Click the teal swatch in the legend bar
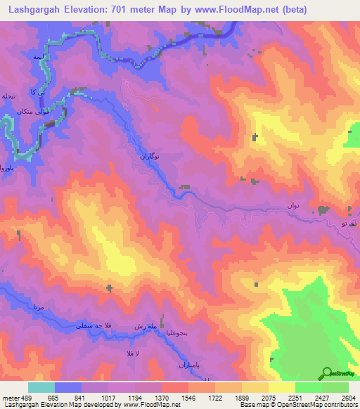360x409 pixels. [x=41, y=387]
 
